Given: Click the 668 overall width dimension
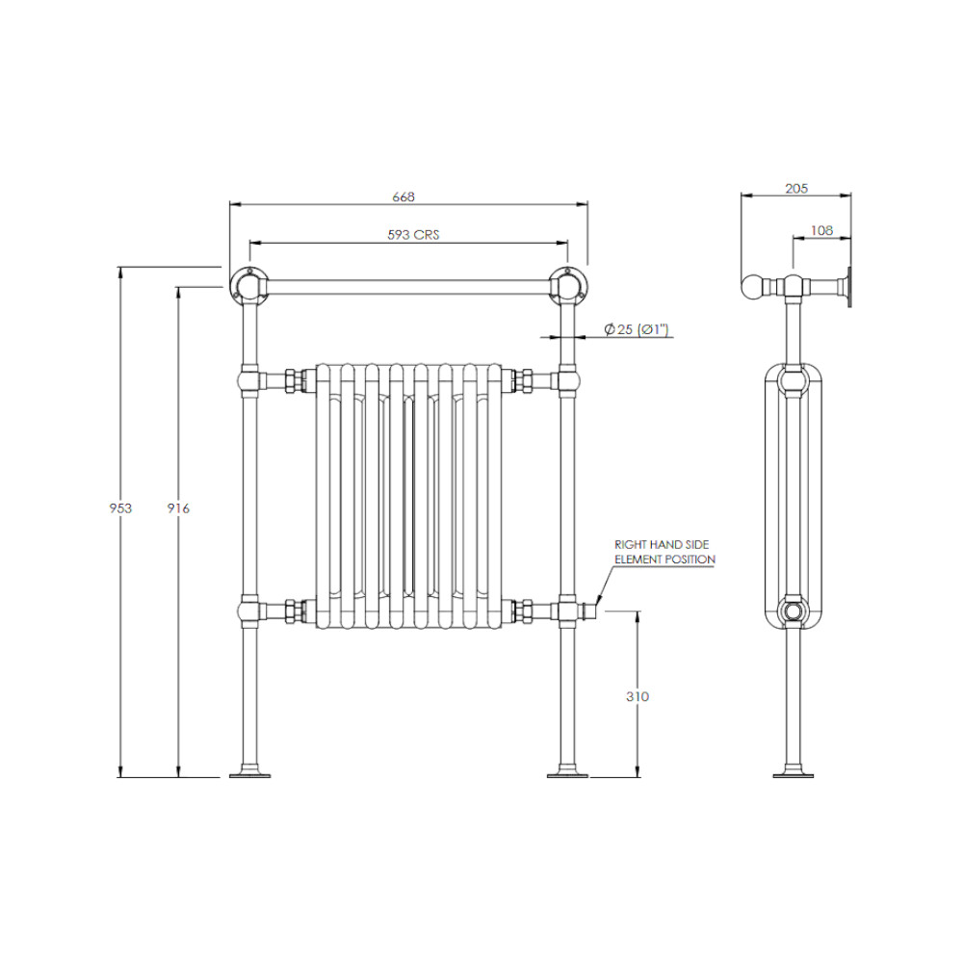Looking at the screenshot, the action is pos(403,197).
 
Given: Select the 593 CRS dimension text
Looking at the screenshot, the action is pos(413,235).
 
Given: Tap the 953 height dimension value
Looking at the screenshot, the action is pos(120,508).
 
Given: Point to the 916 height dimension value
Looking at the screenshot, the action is pos(178,508).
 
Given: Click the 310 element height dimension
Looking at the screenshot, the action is pos(638,696).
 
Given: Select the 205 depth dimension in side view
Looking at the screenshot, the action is pos(796,189).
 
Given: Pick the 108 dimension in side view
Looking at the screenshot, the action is pos(821,230).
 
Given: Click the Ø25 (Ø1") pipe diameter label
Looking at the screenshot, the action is pos(637,329).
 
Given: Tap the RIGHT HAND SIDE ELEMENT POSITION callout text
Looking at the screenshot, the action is pos(664,552).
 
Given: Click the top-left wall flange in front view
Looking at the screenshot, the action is pos(248,286).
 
